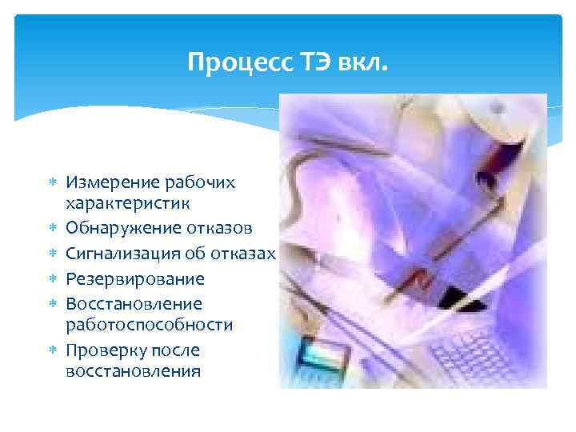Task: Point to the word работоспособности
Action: coord(150,326)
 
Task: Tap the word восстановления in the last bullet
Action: coord(133,372)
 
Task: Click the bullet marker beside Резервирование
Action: coord(51,279)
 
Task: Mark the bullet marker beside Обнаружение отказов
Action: coord(51,229)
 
